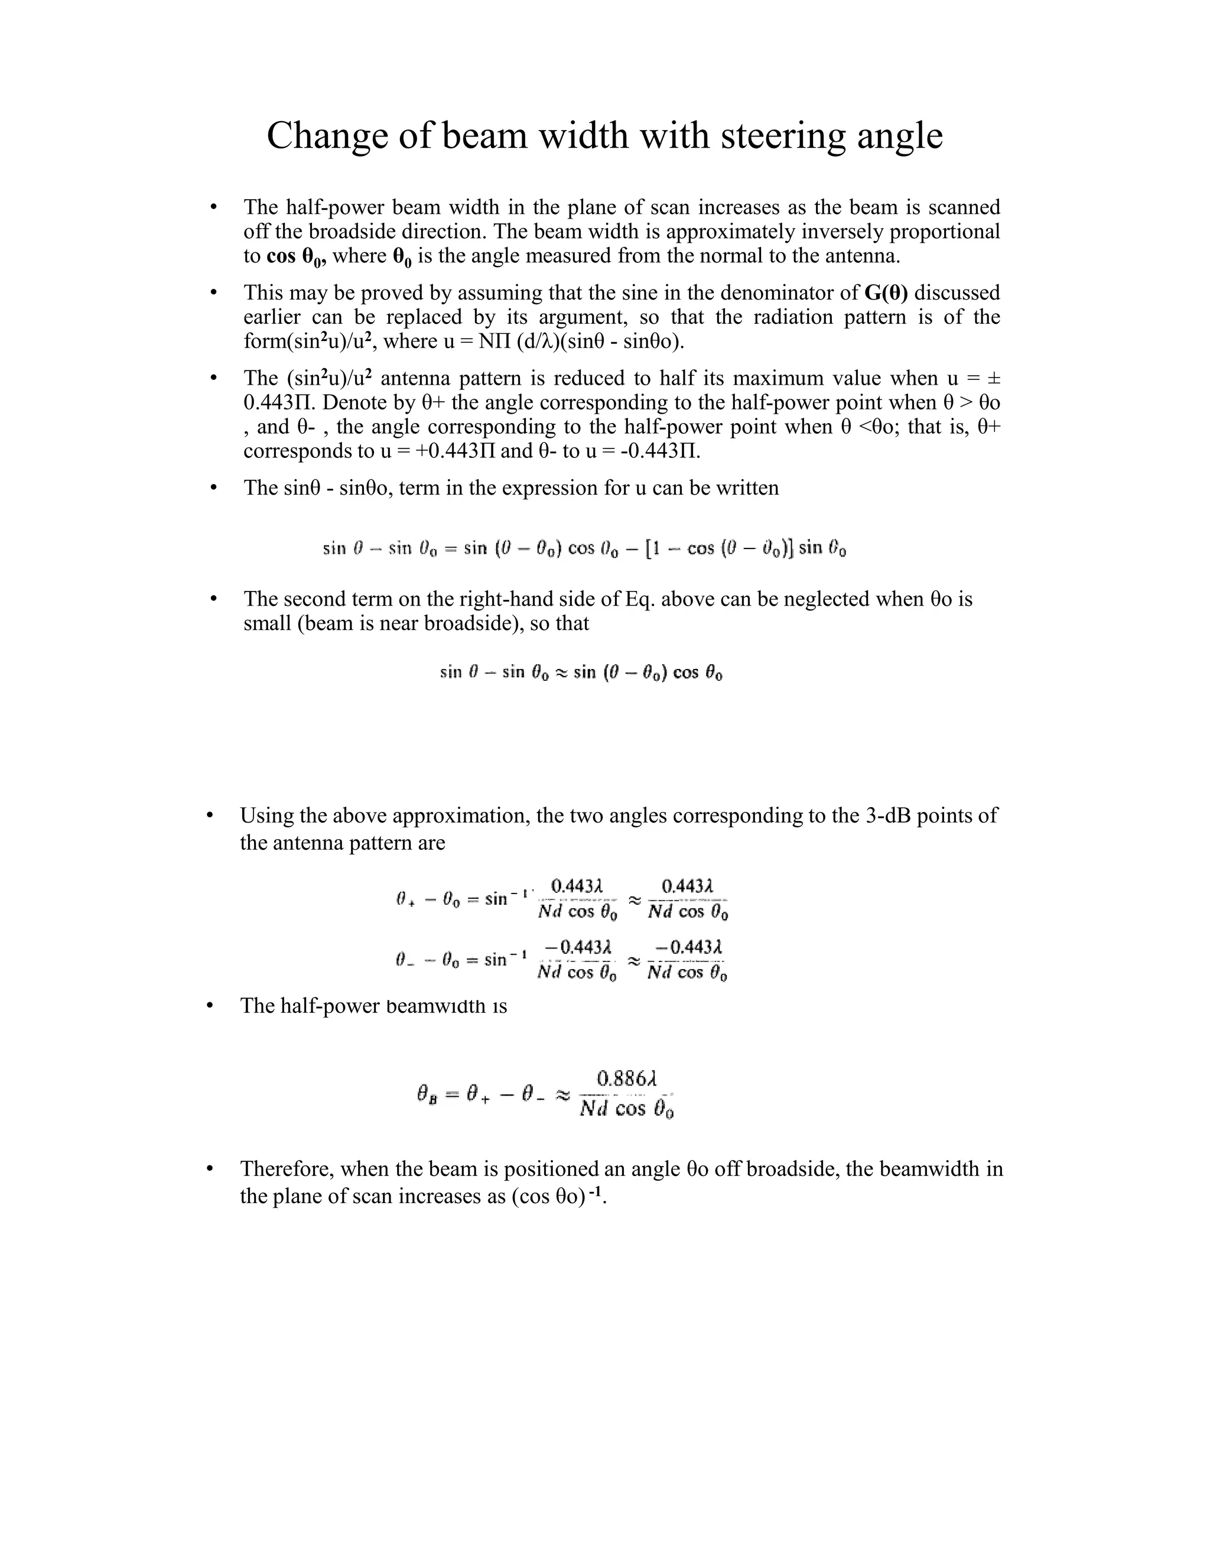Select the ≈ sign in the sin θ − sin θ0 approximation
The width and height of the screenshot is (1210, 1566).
[x=562, y=672]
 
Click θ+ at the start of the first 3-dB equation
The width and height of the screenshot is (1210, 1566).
[x=406, y=898]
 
